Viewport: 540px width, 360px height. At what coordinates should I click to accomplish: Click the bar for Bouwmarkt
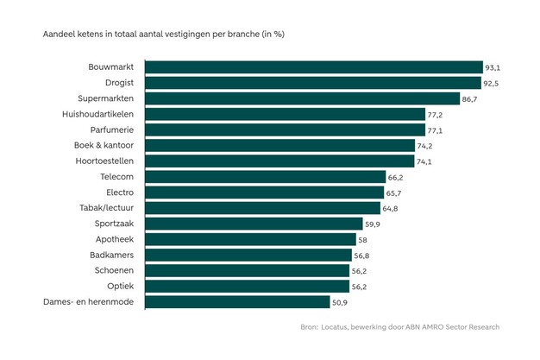(x=313, y=67)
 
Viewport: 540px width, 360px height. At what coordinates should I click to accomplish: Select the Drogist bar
(x=312, y=83)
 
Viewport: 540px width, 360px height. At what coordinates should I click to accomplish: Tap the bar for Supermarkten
(x=302, y=98)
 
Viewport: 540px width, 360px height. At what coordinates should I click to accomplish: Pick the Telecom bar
(x=265, y=177)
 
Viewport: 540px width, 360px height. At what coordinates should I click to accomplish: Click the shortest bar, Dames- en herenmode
(x=237, y=302)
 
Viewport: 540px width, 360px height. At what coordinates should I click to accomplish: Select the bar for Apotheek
(x=250, y=239)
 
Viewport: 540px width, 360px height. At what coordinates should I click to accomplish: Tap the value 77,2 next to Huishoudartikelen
(x=435, y=114)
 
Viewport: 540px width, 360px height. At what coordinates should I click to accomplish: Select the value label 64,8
(x=390, y=208)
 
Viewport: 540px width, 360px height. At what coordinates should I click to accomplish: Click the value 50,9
(x=340, y=302)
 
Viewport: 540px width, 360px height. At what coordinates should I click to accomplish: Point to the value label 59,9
(x=373, y=224)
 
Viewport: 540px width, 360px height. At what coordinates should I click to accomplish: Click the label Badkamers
(x=109, y=255)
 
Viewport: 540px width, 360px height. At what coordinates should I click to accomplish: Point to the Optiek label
(x=120, y=286)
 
